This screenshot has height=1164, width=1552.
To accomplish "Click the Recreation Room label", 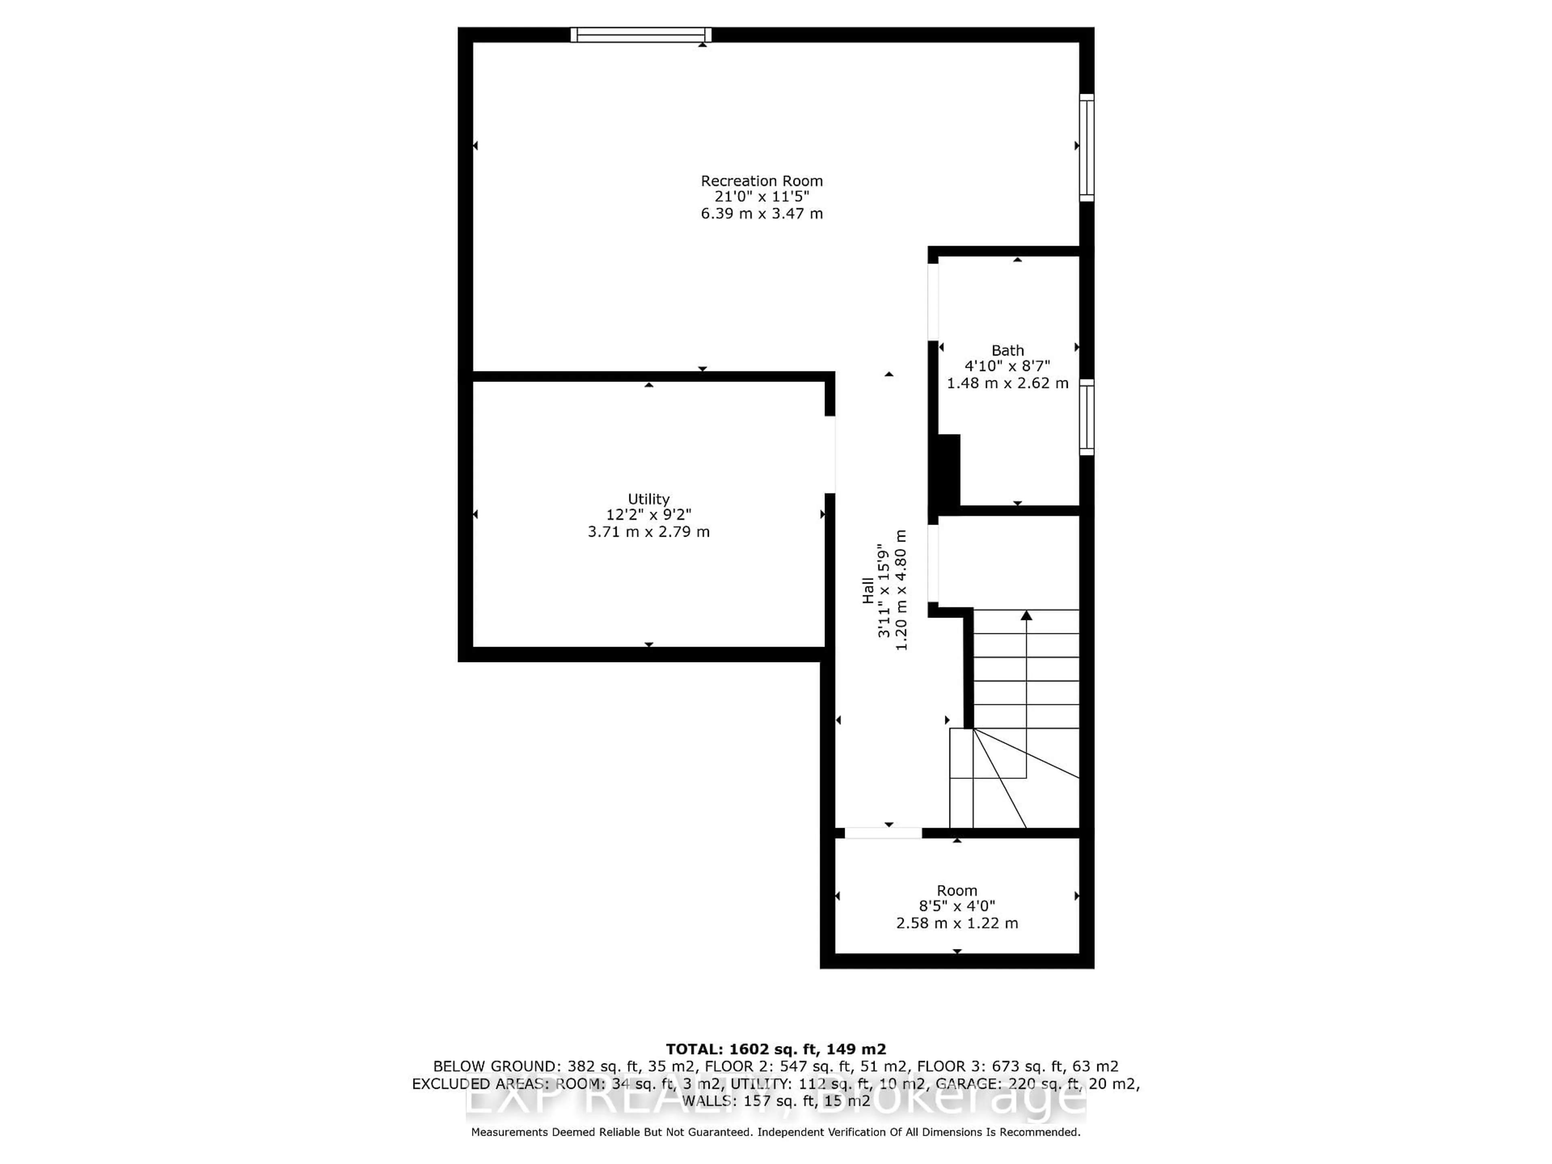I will point(761,181).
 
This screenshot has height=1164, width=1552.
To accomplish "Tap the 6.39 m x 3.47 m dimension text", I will point(761,214).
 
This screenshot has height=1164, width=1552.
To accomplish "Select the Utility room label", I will point(648,499).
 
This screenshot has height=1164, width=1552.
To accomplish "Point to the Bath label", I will point(1008,350).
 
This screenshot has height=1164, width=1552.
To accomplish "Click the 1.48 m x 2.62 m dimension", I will point(1008,383).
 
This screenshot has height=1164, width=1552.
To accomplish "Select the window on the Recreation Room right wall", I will point(1086,148).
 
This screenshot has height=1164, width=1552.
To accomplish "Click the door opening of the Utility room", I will point(829,455).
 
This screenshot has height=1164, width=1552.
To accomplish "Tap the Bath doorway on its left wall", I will point(933,302).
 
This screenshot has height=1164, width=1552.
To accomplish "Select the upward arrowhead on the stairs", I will point(1027,615).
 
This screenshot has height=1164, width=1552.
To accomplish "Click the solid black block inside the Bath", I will point(948,469).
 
